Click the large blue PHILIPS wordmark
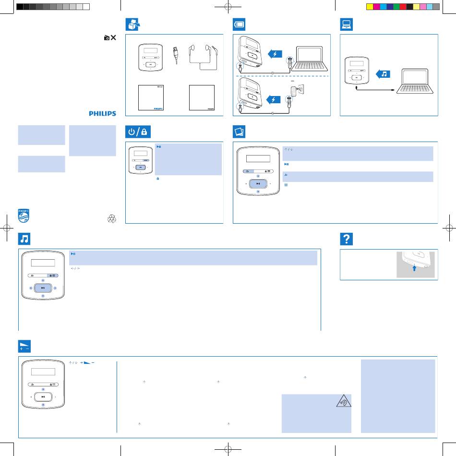[102, 113]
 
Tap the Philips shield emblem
[24, 216]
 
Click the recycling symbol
[112, 219]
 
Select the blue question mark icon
[347, 239]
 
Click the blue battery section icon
[239, 24]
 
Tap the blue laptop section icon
[347, 24]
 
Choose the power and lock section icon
[138, 132]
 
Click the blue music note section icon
[24, 239]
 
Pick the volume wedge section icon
[24, 346]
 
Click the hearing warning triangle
[344, 401]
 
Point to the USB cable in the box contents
[176, 55]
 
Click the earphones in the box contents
[203, 57]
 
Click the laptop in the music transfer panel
[415, 81]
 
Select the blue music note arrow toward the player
[383, 74]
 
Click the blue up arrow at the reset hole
[414, 268]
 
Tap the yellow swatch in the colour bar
[370, 7]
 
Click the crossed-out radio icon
[110, 37]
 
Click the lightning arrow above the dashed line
[275, 54]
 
